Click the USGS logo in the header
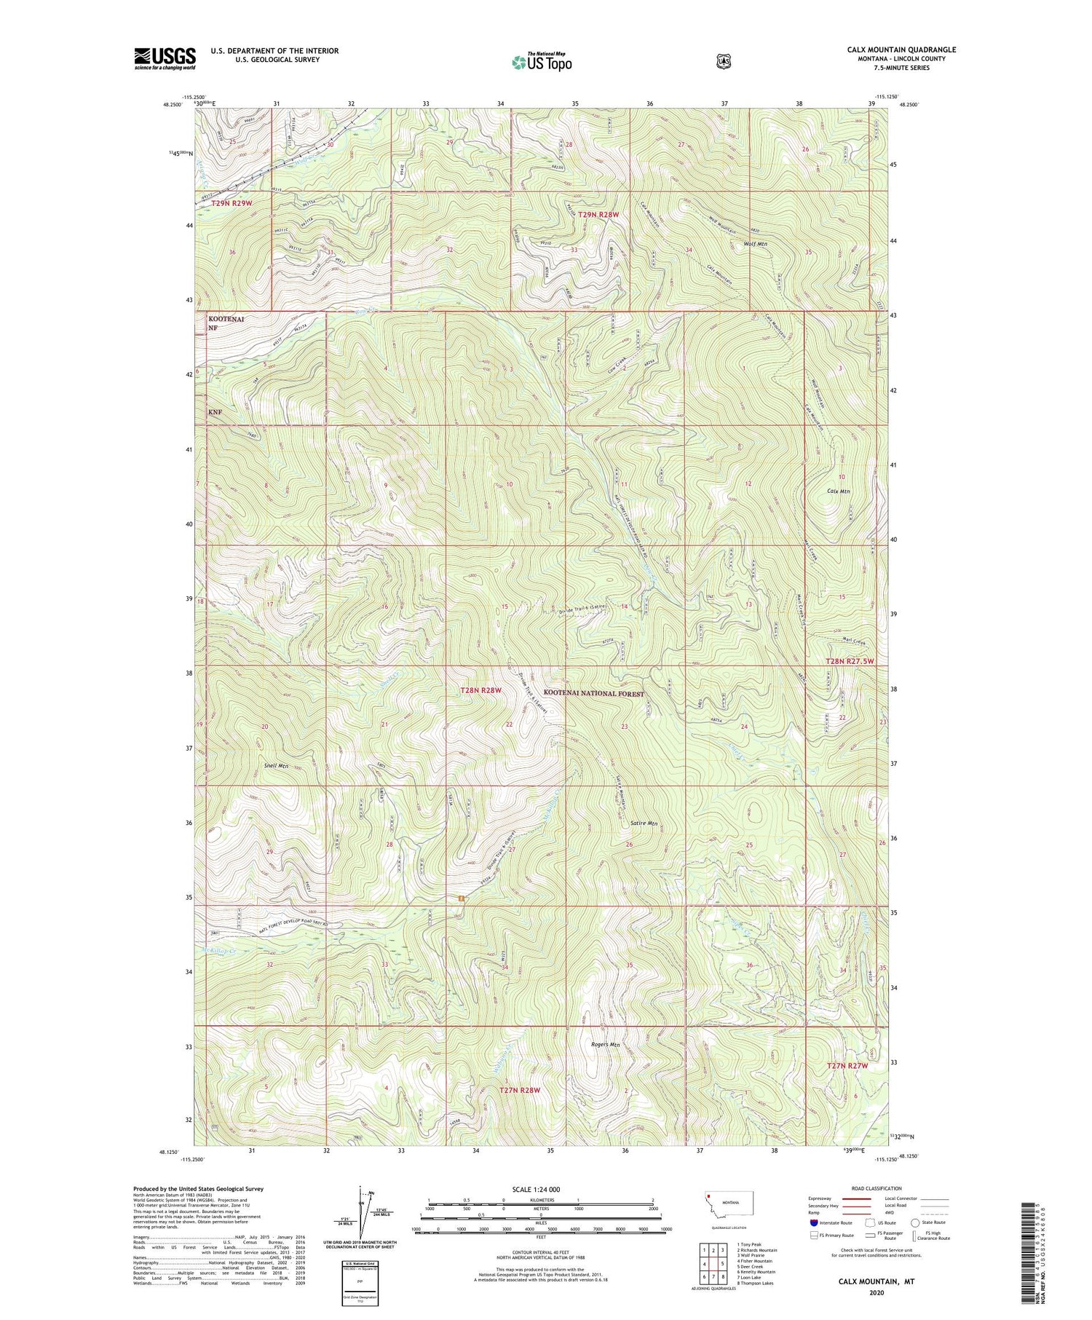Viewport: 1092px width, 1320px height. [165, 58]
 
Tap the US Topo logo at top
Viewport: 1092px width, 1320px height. [542, 62]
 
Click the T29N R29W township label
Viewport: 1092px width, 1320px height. [232, 203]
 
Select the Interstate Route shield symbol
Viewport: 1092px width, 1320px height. [813, 1222]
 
